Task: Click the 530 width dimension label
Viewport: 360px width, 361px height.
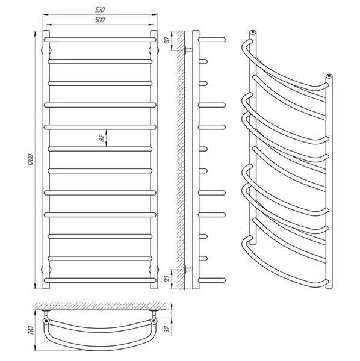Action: pyautogui.click(x=100, y=10)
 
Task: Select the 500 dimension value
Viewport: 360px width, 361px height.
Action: pyautogui.click(x=100, y=20)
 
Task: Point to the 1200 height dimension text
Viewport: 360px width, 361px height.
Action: pyautogui.click(x=31, y=160)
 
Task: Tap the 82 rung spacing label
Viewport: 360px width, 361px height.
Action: pyautogui.click(x=102, y=138)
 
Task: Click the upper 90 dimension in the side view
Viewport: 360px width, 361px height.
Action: pyautogui.click(x=167, y=40)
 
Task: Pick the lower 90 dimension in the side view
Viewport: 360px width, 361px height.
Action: pyautogui.click(x=167, y=279)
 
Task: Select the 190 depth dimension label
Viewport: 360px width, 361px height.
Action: pyautogui.click(x=31, y=330)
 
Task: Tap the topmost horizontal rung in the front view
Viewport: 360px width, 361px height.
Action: pyautogui.click(x=100, y=40)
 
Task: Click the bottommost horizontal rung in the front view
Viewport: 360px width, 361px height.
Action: pyautogui.click(x=100, y=280)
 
